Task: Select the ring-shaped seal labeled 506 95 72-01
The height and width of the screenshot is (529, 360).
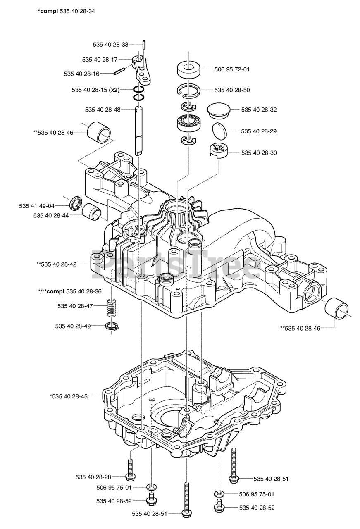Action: (188, 69)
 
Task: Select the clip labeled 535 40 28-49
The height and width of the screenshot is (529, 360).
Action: (112, 326)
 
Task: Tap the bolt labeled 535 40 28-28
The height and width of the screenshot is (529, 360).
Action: (130, 469)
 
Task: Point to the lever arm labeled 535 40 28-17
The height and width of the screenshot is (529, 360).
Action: (142, 68)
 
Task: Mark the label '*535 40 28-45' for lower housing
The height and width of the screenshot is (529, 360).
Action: (69, 396)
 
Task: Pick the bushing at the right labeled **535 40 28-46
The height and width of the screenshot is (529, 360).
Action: (337, 310)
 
